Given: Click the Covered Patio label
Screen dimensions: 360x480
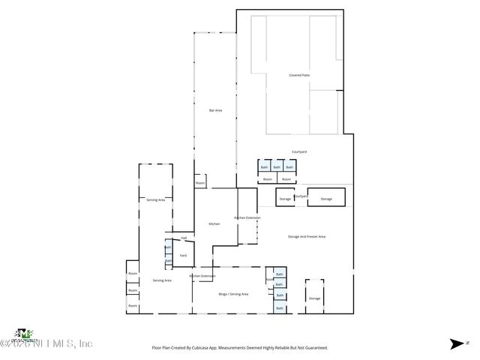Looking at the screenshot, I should pyautogui.click(x=299, y=76).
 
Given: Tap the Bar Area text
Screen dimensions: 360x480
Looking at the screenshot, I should pyautogui.click(x=215, y=111).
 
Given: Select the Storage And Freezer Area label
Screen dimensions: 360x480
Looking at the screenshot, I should pyautogui.click(x=306, y=236).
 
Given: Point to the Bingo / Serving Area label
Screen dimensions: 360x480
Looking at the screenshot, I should pyautogui.click(x=233, y=294).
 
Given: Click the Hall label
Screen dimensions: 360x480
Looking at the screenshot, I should pyautogui.click(x=183, y=238).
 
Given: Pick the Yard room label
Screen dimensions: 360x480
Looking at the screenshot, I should pyautogui.click(x=183, y=256).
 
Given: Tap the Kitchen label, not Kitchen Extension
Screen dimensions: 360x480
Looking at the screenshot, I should pyautogui.click(x=214, y=224).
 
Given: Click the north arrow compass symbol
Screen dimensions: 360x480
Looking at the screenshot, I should pyautogui.click(x=457, y=344).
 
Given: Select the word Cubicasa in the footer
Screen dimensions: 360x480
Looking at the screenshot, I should pyautogui.click(x=201, y=348).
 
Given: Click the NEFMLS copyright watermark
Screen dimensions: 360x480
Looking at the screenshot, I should pyautogui.click(x=46, y=343).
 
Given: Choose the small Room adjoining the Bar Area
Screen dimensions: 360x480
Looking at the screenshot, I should pyautogui.click(x=200, y=183).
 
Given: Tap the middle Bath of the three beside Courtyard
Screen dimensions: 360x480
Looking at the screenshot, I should pyautogui.click(x=277, y=167).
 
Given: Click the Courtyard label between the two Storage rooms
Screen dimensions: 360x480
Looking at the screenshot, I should pyautogui.click(x=300, y=196).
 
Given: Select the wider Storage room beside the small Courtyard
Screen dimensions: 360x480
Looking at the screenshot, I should pyautogui.click(x=326, y=199).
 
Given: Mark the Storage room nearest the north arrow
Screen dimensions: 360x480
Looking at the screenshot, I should pyautogui.click(x=314, y=298).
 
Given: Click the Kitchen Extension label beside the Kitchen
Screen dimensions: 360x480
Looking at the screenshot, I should pyautogui.click(x=247, y=217).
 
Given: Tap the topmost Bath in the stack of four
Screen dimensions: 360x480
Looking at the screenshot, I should pyautogui.click(x=279, y=274).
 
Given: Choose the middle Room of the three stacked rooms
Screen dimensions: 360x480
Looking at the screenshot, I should pyautogui.click(x=132, y=290).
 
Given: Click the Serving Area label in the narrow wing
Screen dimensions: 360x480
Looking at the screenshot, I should pyautogui.click(x=155, y=199).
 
